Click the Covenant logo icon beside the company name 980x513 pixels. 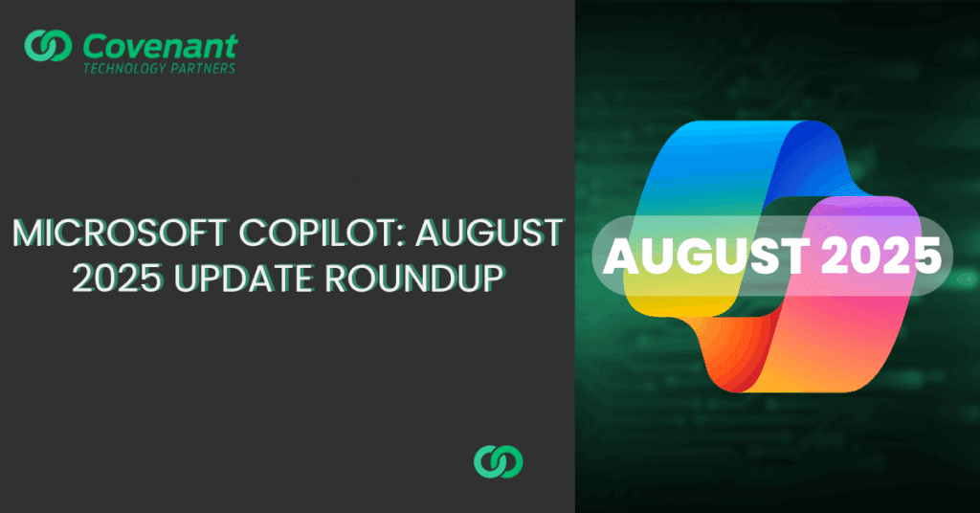click(48, 46)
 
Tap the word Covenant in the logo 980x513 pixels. click(160, 46)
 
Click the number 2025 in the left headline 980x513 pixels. click(117, 279)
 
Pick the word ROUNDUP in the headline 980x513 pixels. click(415, 279)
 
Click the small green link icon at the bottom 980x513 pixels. click(498, 461)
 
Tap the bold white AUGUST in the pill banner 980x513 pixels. click(705, 256)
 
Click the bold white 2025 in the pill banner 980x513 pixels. click(880, 256)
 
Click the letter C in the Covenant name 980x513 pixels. click(95, 47)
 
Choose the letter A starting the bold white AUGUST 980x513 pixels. click(620, 256)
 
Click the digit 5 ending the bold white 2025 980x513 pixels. click(927, 256)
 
